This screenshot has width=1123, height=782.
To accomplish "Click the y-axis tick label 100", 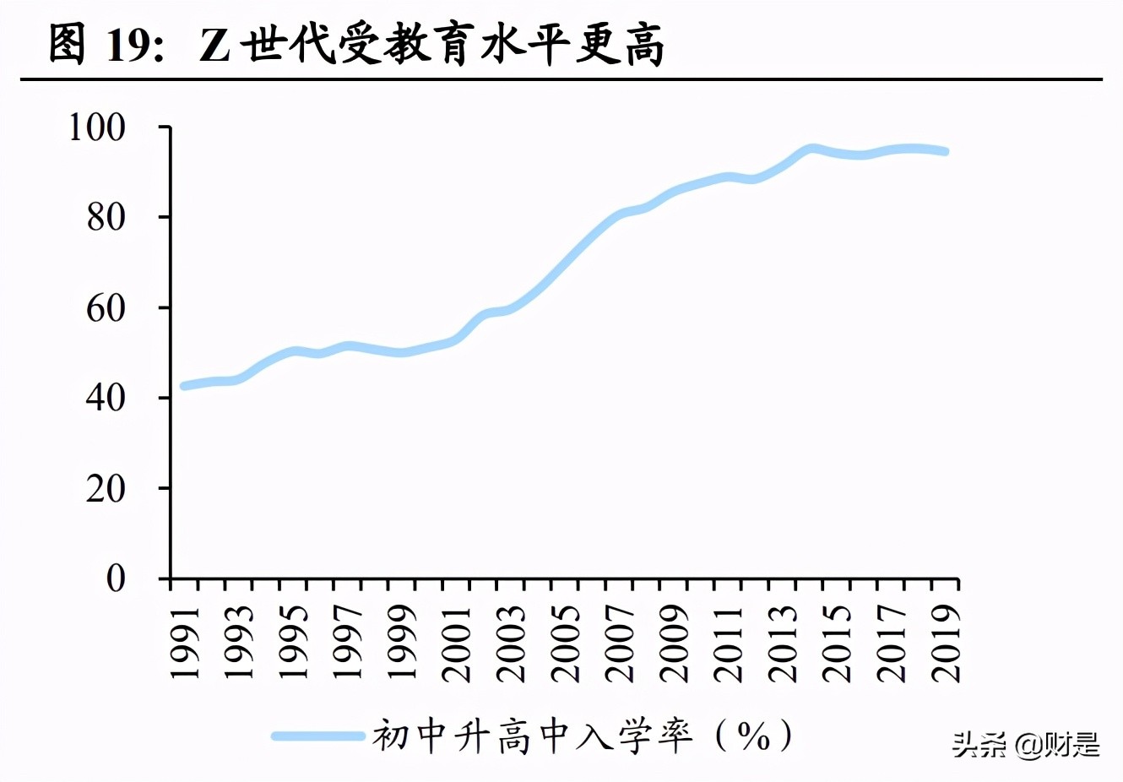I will coord(96,128).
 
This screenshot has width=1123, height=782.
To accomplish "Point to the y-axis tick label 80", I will coord(106,218).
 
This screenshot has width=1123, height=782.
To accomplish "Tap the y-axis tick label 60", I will coord(106,308).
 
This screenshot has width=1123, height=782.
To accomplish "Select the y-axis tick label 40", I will coord(106,398).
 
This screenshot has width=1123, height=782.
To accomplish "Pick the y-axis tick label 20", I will coord(106,488).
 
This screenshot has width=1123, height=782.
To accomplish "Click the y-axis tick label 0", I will coord(116,578).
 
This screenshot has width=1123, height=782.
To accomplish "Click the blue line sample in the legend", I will coord(317,736).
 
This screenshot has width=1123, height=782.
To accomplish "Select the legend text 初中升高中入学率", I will coord(533,736).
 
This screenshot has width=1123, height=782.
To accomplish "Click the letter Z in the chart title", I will coord(214,46).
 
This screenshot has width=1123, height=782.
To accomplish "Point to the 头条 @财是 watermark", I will coord(1026,745).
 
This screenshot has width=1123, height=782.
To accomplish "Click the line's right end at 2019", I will coord(945,152).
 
